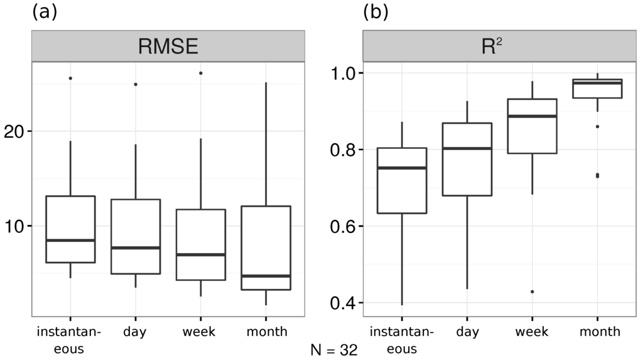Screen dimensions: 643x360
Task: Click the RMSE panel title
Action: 168,46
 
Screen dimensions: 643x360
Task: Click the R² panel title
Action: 492,46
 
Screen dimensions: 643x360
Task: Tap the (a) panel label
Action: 45,12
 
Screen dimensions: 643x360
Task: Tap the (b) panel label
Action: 376,12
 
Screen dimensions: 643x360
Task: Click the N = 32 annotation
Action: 334,350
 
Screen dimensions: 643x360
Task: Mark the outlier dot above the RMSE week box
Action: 200,73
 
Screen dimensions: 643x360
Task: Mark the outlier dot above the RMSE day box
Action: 136,84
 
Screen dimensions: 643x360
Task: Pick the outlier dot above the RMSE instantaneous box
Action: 70,78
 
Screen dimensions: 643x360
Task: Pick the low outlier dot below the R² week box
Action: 532,292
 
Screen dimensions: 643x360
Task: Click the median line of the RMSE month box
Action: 266,276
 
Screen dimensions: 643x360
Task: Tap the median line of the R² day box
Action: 467,148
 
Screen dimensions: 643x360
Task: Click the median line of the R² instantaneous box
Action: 402,168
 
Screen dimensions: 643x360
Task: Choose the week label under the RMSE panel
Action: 199,331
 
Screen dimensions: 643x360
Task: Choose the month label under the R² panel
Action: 600,331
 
